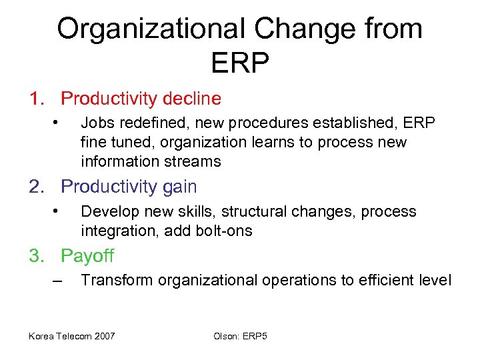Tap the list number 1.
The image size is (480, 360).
[36, 99]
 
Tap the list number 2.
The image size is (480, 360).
[36, 187]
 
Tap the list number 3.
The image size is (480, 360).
[36, 256]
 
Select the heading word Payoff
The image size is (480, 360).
[87, 256]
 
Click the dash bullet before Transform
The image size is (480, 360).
[57, 281]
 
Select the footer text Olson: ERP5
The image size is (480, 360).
[240, 335]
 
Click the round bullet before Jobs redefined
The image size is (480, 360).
[57, 122]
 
